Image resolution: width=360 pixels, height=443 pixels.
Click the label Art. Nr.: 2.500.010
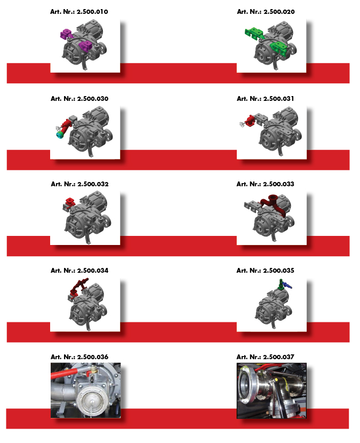[x=79, y=12]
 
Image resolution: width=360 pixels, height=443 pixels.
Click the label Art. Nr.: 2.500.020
[x=266, y=12]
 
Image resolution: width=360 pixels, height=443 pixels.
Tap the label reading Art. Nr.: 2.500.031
[x=266, y=99]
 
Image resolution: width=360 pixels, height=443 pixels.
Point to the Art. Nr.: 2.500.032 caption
[x=79, y=184]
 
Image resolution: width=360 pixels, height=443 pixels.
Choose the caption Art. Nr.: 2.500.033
[x=266, y=184]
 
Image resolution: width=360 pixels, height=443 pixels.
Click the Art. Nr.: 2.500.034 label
[x=79, y=271]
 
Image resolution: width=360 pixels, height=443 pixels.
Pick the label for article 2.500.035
[x=266, y=271]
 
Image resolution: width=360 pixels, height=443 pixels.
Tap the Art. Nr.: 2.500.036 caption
[x=79, y=357]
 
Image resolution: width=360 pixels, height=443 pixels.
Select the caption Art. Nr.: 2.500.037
[x=266, y=357]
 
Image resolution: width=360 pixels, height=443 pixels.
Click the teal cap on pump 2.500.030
[x=60, y=135]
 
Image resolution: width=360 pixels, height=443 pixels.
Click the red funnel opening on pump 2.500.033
[x=273, y=197]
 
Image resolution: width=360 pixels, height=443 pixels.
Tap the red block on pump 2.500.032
[x=69, y=201]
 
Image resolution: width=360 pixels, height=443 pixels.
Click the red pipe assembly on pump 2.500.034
[x=78, y=287]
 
